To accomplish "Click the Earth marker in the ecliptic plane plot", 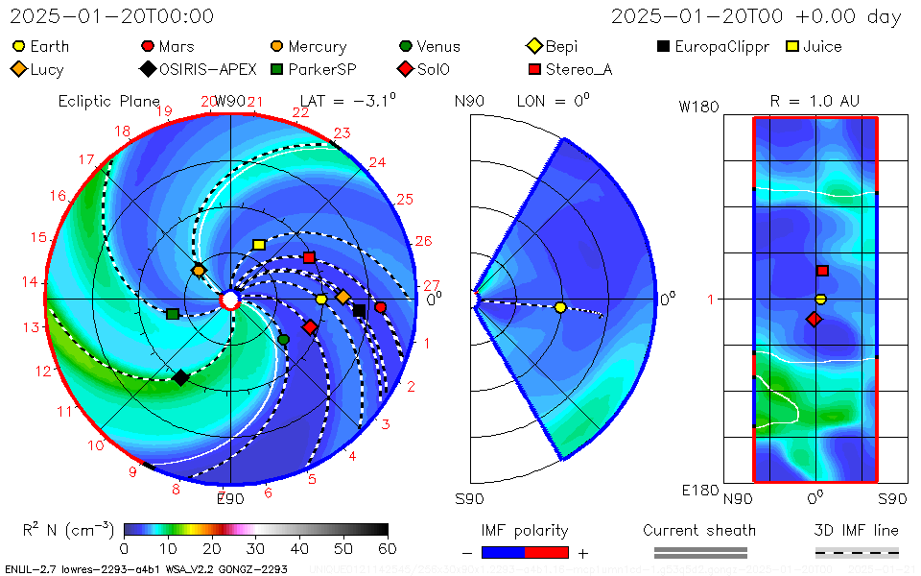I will (321, 300).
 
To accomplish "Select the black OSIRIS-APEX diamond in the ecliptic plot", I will (180, 377).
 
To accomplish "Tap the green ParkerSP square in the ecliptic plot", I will (173, 314).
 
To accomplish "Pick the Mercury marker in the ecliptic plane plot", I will (199, 271).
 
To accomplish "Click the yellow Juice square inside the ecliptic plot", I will (258, 245).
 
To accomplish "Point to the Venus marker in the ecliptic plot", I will (283, 339).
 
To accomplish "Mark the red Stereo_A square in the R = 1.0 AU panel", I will (822, 271).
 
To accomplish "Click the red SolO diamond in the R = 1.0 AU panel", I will (815, 319).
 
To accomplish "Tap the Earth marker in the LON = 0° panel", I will (560, 307).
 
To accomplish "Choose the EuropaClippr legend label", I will (721, 46).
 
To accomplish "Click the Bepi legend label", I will (562, 46).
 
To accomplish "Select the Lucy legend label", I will (47, 69).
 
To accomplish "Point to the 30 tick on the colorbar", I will (256, 548).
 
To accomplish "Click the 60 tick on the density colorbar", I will (388, 548).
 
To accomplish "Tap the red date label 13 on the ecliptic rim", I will (34, 327).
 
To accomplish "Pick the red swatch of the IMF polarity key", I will (547, 552).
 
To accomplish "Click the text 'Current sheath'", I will (699, 530).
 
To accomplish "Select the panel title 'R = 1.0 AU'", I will (815, 101).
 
